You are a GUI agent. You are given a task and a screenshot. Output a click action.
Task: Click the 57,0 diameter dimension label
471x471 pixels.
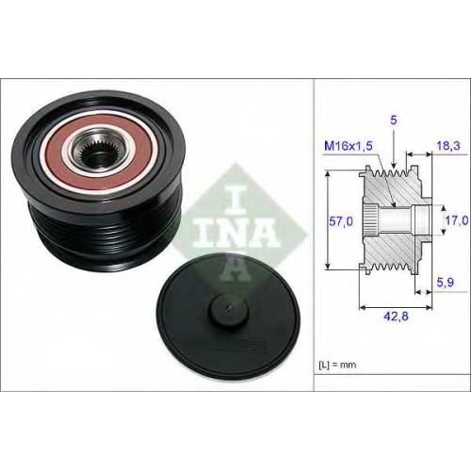pos(341,221)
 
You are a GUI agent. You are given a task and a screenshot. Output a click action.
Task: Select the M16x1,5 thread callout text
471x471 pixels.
pos(349,146)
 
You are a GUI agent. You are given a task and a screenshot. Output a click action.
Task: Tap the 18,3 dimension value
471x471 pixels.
pos(448,145)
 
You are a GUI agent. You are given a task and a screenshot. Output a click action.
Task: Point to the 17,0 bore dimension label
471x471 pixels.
pos(457,220)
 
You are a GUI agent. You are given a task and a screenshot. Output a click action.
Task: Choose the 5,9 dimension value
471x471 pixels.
pos(446,282)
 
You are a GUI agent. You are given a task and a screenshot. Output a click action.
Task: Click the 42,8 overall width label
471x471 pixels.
pos(396,317)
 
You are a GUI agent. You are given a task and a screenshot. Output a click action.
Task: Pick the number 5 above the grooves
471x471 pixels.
pos(394,120)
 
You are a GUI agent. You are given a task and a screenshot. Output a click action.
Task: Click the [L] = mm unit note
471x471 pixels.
pos(337,365)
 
